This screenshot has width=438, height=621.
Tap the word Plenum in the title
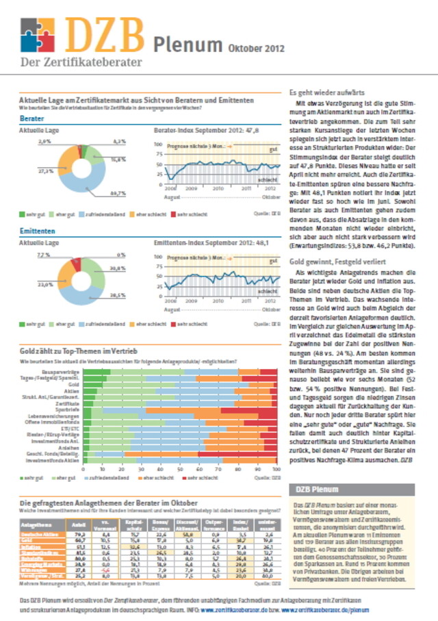point(185,44)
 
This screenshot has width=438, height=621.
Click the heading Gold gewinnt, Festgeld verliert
point(337,262)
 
